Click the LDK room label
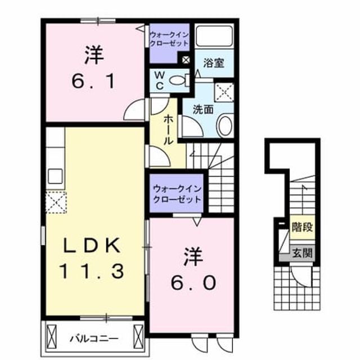pyautogui.click(x=92, y=246)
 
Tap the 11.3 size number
pyautogui.click(x=92, y=271)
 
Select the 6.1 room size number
pyautogui.click(x=93, y=81)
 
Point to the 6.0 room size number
pyautogui.click(x=193, y=282)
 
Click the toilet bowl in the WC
pyautogui.click(x=179, y=80)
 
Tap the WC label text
pyautogui.click(x=160, y=80)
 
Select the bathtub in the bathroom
pyautogui.click(x=214, y=36)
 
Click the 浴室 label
pyautogui.click(x=214, y=63)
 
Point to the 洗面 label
pyautogui.click(x=203, y=110)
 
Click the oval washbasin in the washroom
pyautogui.click(x=226, y=125)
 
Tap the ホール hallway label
pyautogui.click(x=168, y=130)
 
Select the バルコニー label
pyautogui.click(x=94, y=339)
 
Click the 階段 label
pyautogui.click(x=302, y=227)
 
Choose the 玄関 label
pyautogui.click(x=302, y=253)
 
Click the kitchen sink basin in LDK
pyautogui.click(x=55, y=176)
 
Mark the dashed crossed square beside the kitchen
pyautogui.click(x=56, y=202)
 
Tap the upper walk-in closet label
pyautogui.click(x=169, y=39)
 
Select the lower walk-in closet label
pyautogui.click(x=177, y=194)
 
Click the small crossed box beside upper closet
pyautogui.click(x=186, y=60)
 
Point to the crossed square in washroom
pyautogui.click(x=224, y=92)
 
